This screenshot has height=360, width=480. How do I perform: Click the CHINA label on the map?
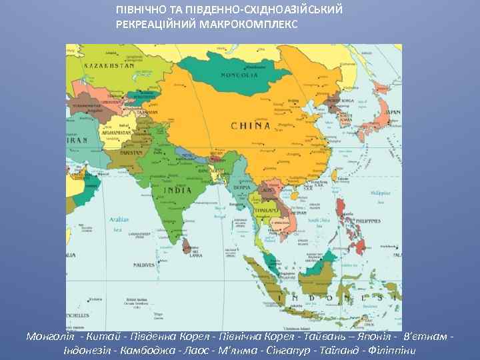tap(251, 125)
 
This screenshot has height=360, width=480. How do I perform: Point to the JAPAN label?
tap(394, 113)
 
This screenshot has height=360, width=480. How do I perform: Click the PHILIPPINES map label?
tap(374, 220)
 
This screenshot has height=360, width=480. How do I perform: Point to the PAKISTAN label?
tap(131, 153)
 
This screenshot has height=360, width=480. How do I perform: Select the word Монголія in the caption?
tap(50, 336)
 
